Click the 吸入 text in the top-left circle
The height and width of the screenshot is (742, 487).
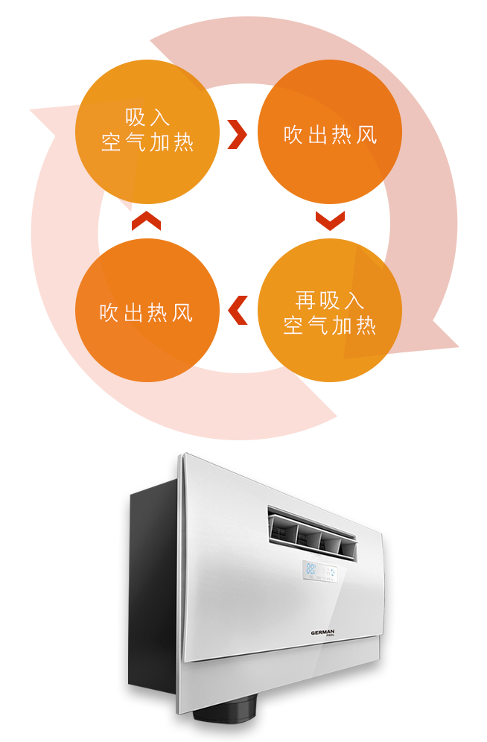click(x=147, y=118)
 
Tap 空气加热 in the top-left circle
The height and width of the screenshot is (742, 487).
click(x=147, y=143)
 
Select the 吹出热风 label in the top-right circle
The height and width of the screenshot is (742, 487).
click(x=330, y=135)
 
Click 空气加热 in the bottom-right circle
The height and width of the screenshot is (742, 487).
click(x=329, y=326)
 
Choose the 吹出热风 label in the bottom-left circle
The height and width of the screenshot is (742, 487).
click(x=147, y=312)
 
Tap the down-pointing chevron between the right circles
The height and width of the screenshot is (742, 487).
click(x=330, y=221)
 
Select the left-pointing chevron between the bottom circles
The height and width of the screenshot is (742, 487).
click(x=238, y=311)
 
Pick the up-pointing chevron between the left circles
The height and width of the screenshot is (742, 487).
click(x=147, y=221)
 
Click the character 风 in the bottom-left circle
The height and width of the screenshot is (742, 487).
click(x=182, y=312)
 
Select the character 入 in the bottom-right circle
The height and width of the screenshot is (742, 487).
click(x=353, y=301)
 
